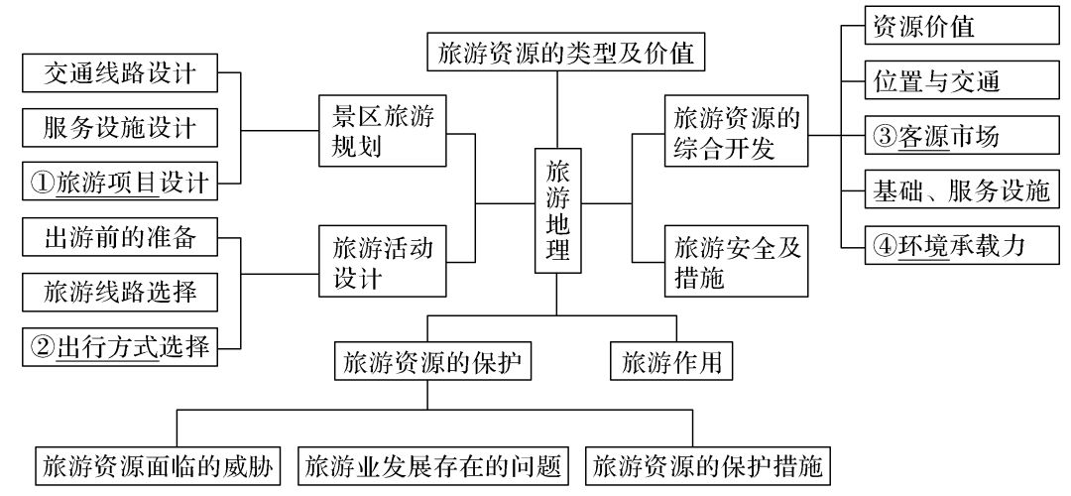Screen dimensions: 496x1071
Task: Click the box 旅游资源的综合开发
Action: tap(735, 133)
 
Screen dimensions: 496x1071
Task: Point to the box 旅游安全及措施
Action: tap(735, 262)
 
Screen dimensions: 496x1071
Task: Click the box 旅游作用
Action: tap(671, 361)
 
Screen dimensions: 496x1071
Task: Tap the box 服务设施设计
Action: tap(120, 128)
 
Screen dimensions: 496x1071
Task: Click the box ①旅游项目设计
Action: tap(120, 184)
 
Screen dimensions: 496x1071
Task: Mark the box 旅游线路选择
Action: tap(120, 292)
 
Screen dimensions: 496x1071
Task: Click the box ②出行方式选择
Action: tap(120, 347)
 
